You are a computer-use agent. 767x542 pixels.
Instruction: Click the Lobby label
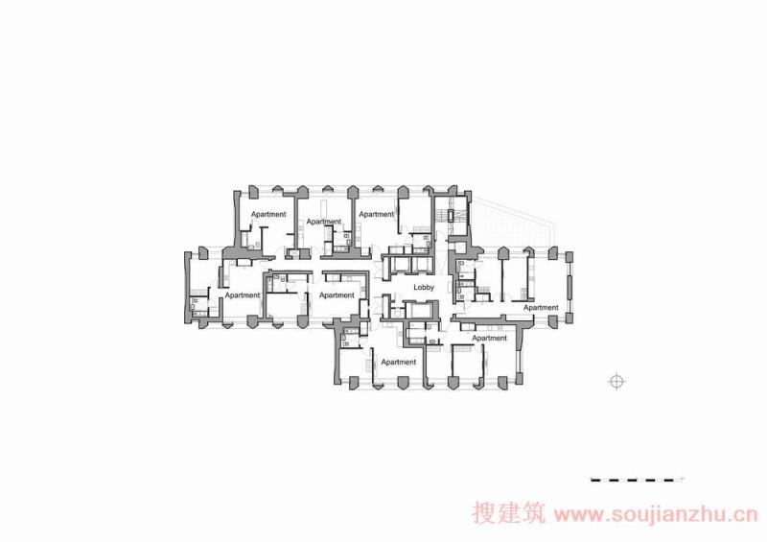(x=424, y=288)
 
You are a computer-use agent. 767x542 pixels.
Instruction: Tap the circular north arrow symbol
(x=616, y=382)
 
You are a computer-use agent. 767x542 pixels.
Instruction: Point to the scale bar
(x=637, y=480)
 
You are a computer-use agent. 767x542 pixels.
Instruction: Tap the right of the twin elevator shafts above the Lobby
(x=422, y=265)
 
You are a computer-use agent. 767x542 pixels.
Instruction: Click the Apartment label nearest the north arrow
(x=541, y=308)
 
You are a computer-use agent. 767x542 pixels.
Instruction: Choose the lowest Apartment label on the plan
(x=398, y=362)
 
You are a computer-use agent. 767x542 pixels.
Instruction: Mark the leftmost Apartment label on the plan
(x=243, y=295)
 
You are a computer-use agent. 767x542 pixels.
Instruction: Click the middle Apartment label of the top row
(x=324, y=222)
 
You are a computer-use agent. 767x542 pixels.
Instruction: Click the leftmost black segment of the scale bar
(x=595, y=480)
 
